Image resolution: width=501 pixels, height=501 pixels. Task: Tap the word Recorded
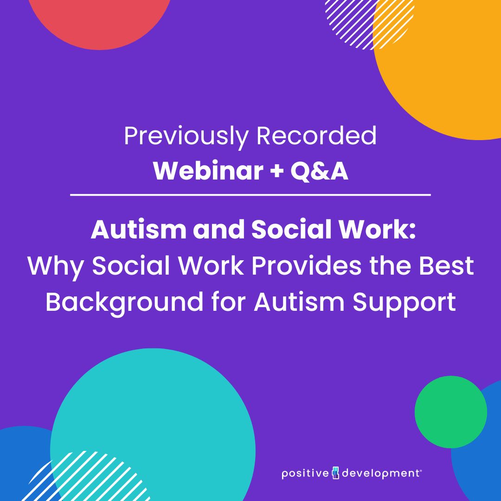tap(316, 137)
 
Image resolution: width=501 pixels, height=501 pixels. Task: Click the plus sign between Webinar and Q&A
tap(276, 172)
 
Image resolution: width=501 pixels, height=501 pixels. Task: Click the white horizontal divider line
tap(250, 195)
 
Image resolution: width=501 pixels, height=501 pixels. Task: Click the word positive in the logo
tap(305, 474)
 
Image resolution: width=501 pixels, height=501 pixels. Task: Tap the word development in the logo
tap(380, 474)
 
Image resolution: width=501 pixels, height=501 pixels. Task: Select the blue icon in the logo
tap(336, 474)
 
